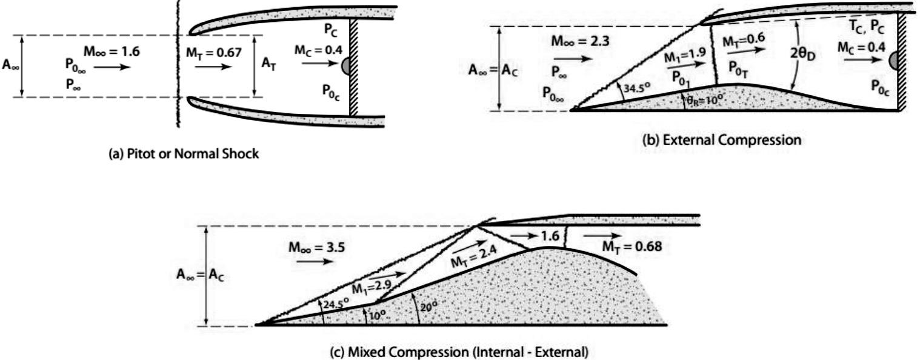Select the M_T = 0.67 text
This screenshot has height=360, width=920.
(x=214, y=53)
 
